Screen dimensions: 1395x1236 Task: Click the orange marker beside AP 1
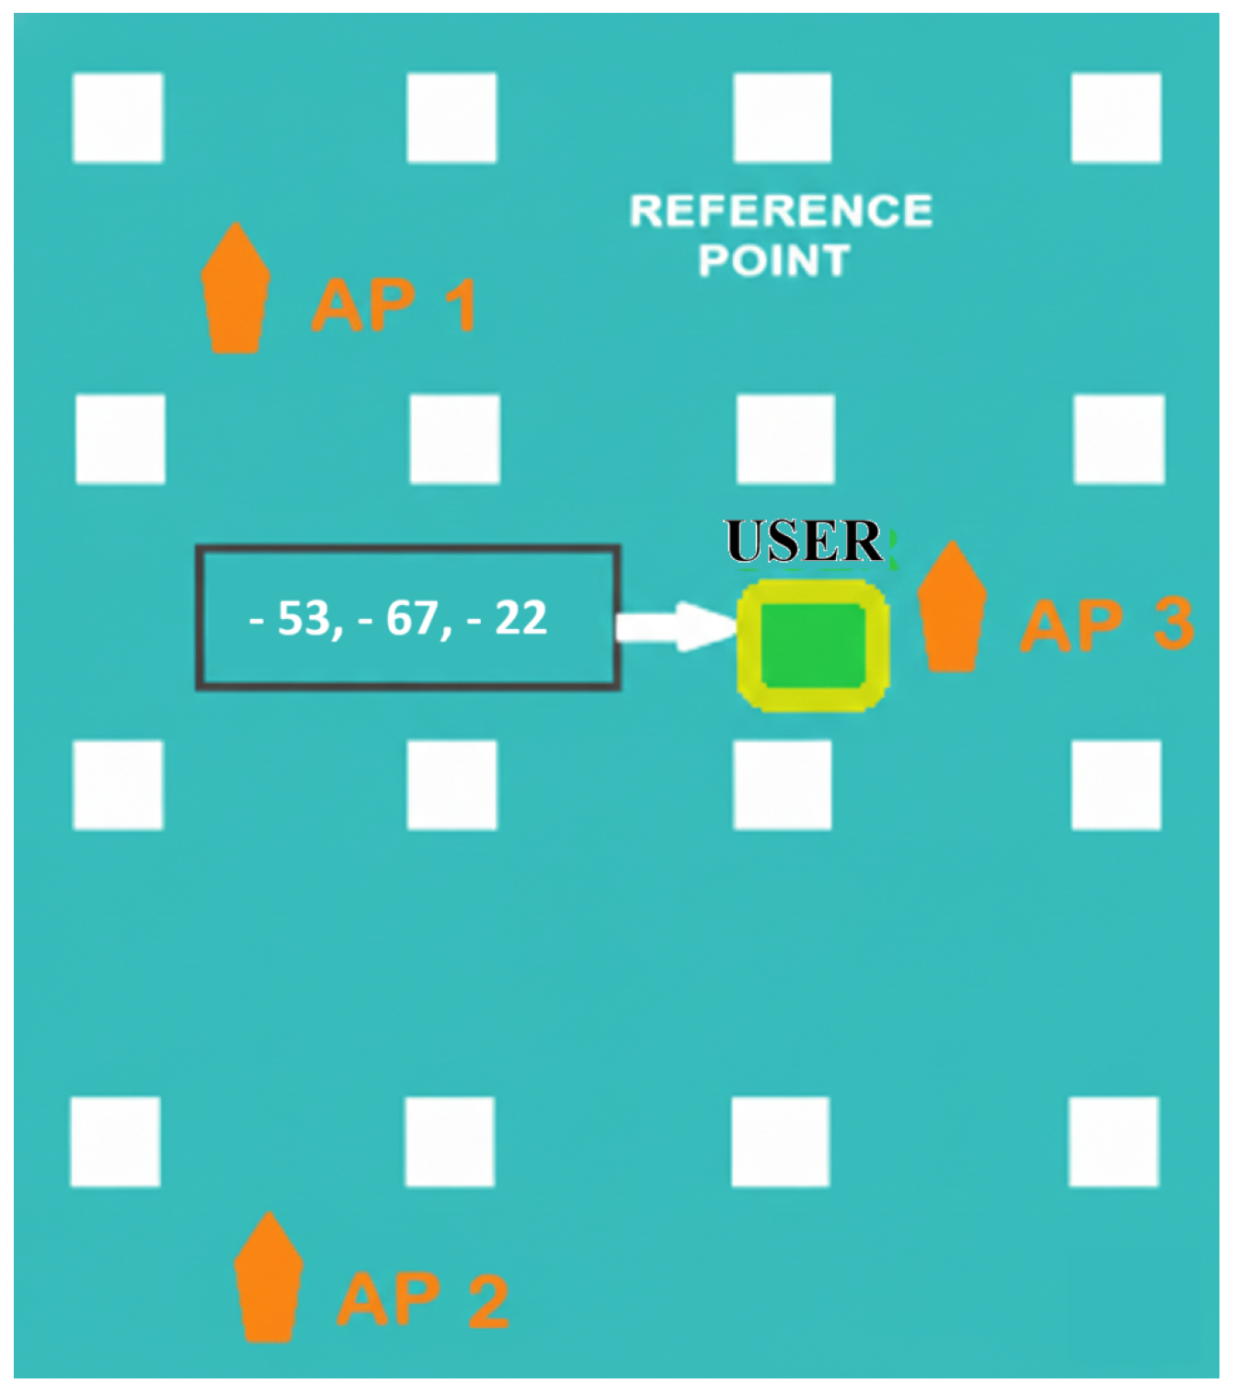[235, 290]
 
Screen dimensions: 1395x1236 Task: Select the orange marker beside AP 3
[952, 608]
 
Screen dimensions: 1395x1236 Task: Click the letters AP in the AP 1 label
[364, 305]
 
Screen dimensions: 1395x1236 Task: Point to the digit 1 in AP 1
[460, 305]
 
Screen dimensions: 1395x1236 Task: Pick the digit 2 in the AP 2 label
[488, 1300]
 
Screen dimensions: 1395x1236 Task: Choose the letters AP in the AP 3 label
[1072, 625]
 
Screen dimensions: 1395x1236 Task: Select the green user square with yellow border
[813, 646]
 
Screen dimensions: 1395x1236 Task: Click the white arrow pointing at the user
[676, 626]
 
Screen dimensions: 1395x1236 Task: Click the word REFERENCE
[781, 212]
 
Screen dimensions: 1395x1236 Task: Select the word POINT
[773, 261]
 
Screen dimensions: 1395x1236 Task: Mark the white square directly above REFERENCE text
[783, 118]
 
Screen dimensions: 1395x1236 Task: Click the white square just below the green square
[783, 785]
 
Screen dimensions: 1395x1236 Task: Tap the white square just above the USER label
[785, 439]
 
